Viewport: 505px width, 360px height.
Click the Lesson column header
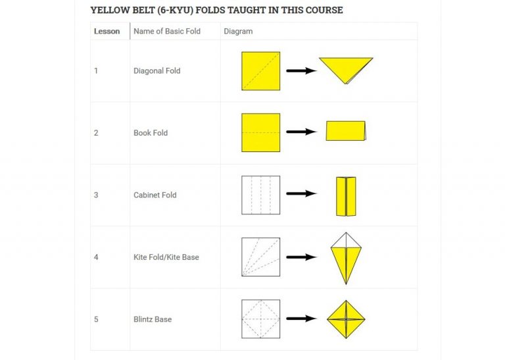pos(107,32)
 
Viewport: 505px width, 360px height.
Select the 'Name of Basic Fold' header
pos(167,32)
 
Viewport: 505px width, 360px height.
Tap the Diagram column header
pos(238,32)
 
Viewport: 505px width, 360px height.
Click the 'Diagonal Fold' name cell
pos(157,71)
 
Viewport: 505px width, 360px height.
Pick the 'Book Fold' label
pos(151,133)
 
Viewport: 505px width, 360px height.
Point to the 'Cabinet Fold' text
pos(155,195)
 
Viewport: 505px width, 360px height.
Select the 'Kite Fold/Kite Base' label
pos(166,257)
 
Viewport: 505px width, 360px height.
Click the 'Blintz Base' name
pos(153,319)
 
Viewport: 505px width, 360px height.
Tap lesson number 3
pos(96,195)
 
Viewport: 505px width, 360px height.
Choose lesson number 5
pos(96,319)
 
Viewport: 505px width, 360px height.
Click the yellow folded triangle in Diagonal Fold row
pos(346,68)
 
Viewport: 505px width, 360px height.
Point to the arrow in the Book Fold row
pos(301,132)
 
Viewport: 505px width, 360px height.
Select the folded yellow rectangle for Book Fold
pos(346,131)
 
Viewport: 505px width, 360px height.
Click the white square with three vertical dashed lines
pos(261,195)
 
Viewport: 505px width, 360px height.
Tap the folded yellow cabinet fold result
pos(346,196)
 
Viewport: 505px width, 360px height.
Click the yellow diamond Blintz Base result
pos(346,319)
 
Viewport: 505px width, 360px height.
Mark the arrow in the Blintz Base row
pos(301,319)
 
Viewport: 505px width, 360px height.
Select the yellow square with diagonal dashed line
pos(261,71)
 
